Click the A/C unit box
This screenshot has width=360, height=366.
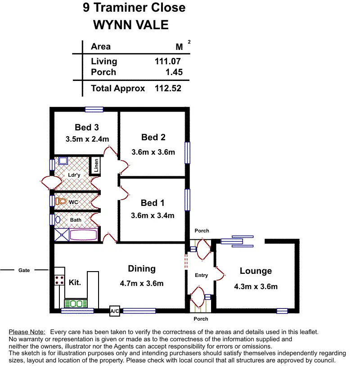tap(115, 311)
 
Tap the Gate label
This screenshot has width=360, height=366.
tap(24, 270)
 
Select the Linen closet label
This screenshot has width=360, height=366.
tap(96, 165)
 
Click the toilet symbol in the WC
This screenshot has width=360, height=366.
tap(62, 201)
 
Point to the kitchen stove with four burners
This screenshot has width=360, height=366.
tap(59, 280)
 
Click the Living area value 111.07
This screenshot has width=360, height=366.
tap(167, 62)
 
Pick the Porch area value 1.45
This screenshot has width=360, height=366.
tap(174, 72)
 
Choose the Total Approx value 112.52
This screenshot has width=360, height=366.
tap(167, 88)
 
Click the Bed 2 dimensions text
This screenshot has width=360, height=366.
tap(153, 152)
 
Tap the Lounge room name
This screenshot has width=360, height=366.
tap(256, 271)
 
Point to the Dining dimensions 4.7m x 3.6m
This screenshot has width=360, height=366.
tap(142, 283)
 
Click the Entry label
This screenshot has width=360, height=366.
tap(201, 275)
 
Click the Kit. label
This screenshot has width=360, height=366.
tap(75, 283)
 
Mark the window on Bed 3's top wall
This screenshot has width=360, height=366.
tap(94, 109)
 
